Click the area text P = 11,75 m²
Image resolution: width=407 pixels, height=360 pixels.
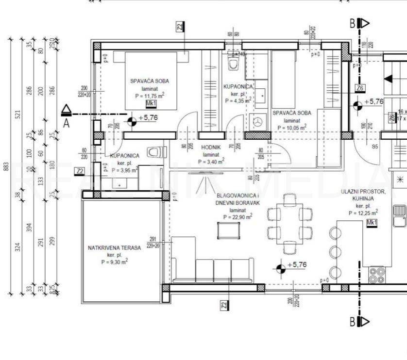click(149, 95)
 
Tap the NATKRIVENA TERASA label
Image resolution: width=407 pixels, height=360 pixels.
click(114, 247)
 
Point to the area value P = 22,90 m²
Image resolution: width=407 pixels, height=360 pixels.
click(238, 217)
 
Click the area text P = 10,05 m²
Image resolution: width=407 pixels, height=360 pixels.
click(291, 128)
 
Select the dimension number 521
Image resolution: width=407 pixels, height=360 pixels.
click(18, 115)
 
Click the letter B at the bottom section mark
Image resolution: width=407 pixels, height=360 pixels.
click(353, 321)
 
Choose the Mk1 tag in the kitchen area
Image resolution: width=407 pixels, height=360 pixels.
click(372, 223)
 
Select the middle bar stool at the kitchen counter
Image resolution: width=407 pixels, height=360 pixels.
click(336, 252)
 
